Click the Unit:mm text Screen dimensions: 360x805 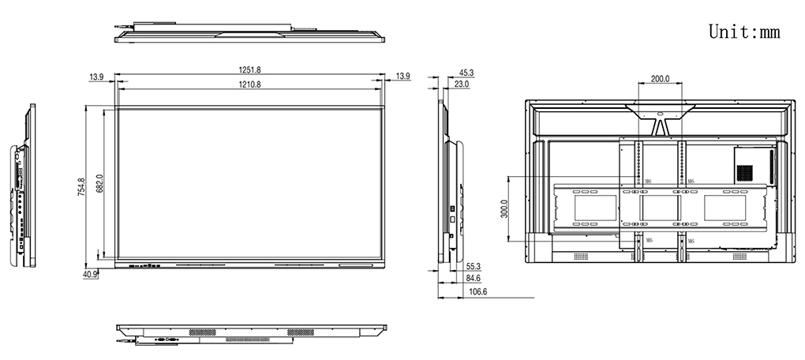click(743, 31)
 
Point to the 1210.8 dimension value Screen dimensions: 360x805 click(250, 83)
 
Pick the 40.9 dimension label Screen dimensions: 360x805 click(90, 274)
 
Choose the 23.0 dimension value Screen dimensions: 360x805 click(462, 84)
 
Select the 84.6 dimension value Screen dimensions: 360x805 click(474, 279)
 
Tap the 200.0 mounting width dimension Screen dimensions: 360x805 click(660, 79)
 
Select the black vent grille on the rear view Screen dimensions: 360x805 click(744, 171)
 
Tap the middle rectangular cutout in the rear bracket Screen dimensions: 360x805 click(660, 208)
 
